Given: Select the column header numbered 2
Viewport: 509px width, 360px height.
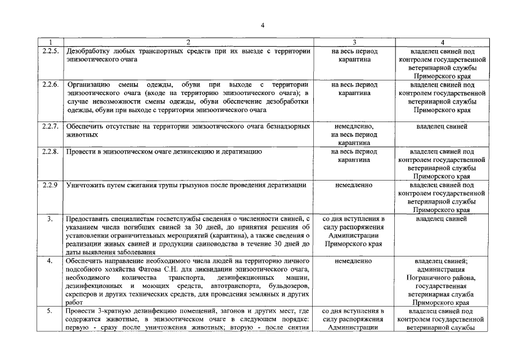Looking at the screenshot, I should coord(188,42).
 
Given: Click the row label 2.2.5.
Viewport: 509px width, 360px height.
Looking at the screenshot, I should coord(50,51).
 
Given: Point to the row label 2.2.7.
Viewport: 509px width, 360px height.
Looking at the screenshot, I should coord(50,127).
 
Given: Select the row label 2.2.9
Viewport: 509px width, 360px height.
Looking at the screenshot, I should coord(50,185).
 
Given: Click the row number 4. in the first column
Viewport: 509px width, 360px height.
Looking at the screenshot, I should coord(50,261).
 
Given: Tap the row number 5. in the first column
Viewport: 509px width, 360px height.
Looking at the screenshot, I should coord(50,311).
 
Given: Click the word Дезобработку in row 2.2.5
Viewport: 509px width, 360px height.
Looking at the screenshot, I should coord(89,51).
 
